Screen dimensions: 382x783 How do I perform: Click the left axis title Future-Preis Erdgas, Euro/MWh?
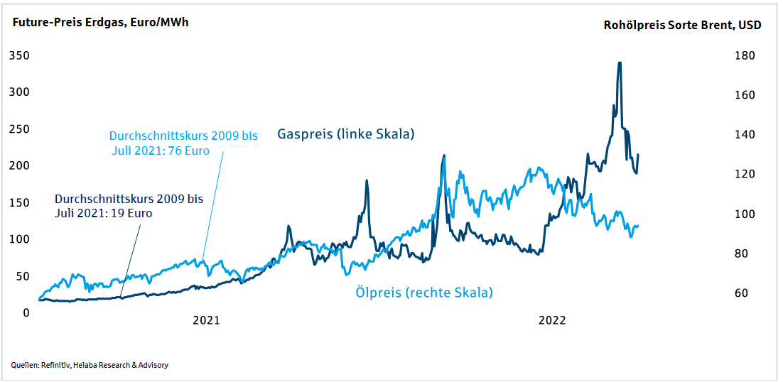pyautogui.click(x=99, y=22)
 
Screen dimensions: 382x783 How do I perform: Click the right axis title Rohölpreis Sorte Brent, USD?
pyautogui.click(x=682, y=25)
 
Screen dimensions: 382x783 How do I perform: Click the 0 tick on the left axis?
pyautogui.click(x=26, y=312)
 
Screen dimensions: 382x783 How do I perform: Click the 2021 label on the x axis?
pyautogui.click(x=206, y=320)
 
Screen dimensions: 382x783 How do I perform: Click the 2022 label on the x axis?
pyautogui.click(x=551, y=320)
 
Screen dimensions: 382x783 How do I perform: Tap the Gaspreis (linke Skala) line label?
pyautogui.click(x=345, y=133)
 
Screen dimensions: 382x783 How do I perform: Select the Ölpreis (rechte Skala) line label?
pyautogui.click(x=423, y=292)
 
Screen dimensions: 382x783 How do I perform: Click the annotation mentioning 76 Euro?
pyautogui.click(x=183, y=143)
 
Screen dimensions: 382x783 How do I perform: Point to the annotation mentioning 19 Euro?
pyautogui.click(x=129, y=205)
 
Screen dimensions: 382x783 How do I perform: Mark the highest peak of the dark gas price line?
pyautogui.click(x=620, y=63)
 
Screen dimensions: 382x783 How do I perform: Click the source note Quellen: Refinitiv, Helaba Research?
pyautogui.click(x=90, y=365)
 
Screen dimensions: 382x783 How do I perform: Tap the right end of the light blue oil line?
pyautogui.click(x=637, y=226)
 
